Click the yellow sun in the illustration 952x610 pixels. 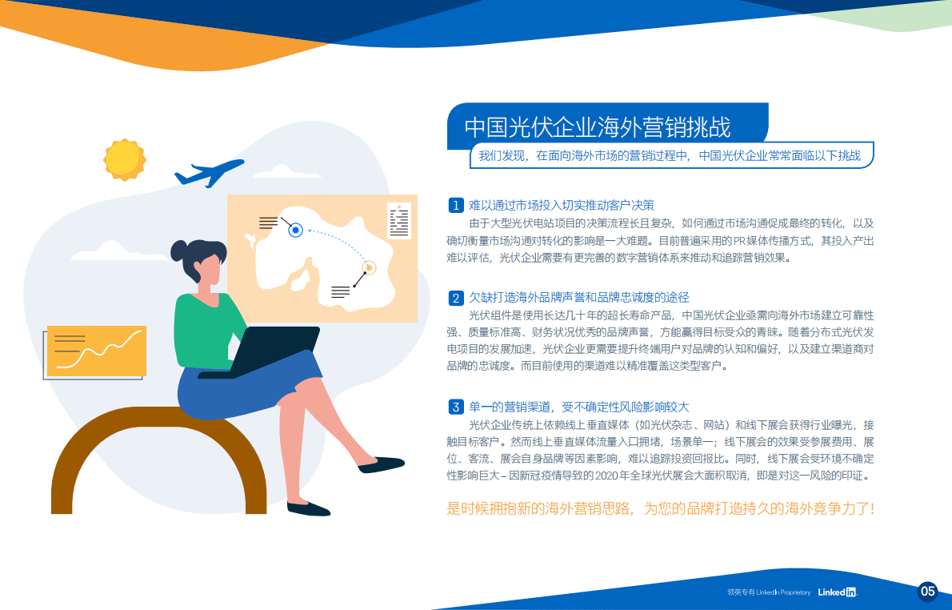tap(124, 159)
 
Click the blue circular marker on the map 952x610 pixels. tap(295, 231)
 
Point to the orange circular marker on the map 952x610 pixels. tap(369, 268)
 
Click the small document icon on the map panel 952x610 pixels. tap(398, 220)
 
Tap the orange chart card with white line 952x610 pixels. tap(96, 351)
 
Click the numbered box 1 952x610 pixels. tap(455, 205)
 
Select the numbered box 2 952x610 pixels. tap(455, 299)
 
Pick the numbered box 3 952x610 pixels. tap(455, 407)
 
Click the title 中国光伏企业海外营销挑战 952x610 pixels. tap(598, 127)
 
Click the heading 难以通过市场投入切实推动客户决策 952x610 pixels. tap(562, 205)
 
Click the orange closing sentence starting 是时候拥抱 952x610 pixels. tap(660, 508)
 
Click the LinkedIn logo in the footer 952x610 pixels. tap(837, 592)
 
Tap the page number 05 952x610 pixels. tap(927, 592)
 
